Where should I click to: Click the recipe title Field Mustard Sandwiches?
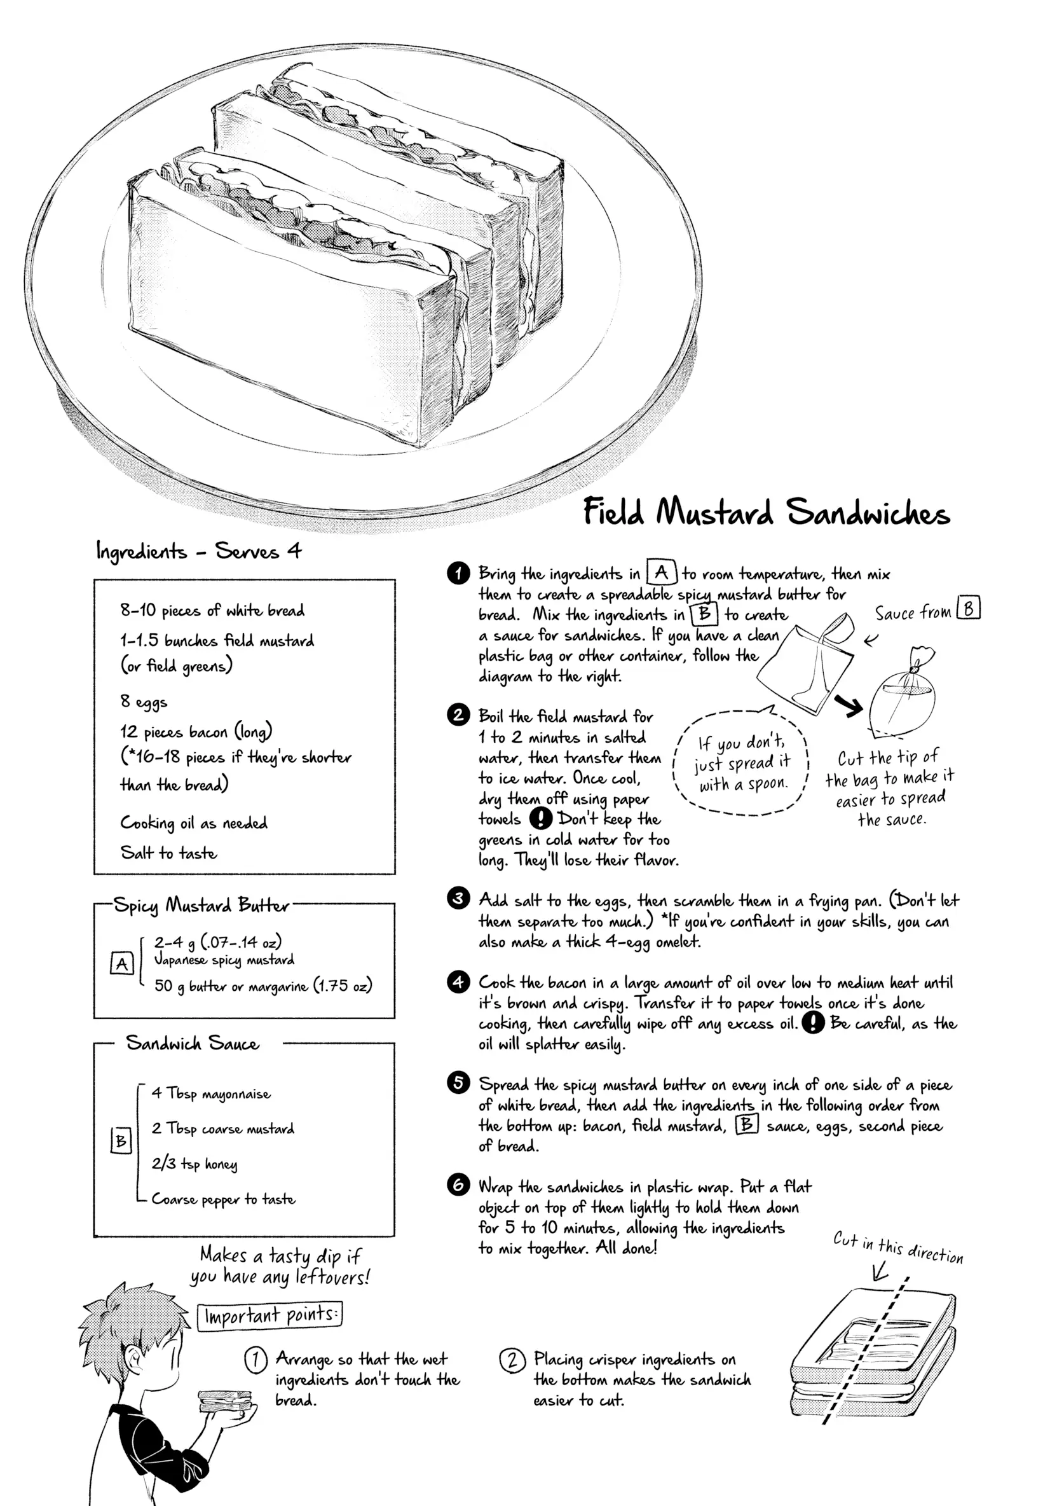point(766,511)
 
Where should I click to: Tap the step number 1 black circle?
point(458,572)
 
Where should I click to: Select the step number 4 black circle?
point(458,982)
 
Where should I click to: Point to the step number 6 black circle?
point(458,1185)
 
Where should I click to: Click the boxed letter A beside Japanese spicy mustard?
point(122,964)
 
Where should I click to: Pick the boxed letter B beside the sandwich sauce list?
point(121,1142)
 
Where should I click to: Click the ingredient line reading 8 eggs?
point(144,702)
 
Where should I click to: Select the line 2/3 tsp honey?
point(194,1164)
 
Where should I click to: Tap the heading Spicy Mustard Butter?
point(201,905)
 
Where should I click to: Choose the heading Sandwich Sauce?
point(192,1043)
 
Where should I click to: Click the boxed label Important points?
point(270,1316)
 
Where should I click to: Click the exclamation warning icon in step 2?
point(540,818)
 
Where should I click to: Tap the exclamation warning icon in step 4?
point(812,1023)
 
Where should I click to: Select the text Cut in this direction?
point(897,1247)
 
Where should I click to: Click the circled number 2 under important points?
point(512,1360)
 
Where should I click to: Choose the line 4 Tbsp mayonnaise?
point(211,1093)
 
